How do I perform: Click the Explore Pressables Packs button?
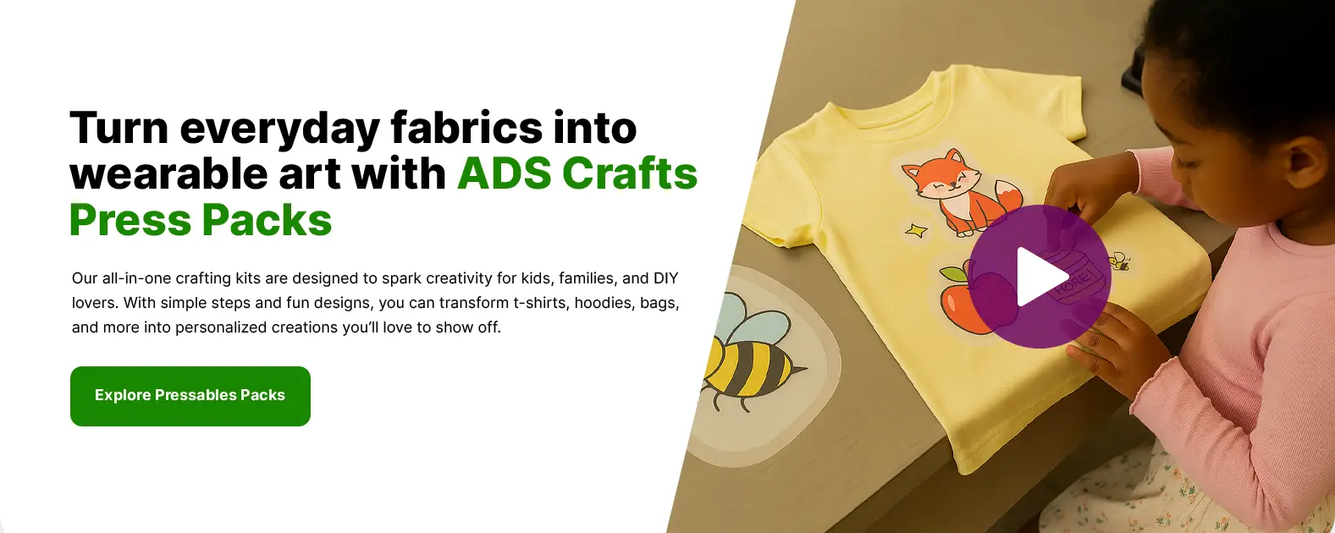pyautogui.click(x=190, y=396)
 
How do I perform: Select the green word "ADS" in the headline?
pyautogui.click(x=505, y=174)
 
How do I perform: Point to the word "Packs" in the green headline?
pyautogui.click(x=267, y=220)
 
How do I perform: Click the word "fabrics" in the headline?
pyautogui.click(x=466, y=128)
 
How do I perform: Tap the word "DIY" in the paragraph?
pyautogui.click(x=665, y=278)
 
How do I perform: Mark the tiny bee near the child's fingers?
pyautogui.click(x=1118, y=261)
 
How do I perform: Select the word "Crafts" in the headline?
pyautogui.click(x=630, y=174)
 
